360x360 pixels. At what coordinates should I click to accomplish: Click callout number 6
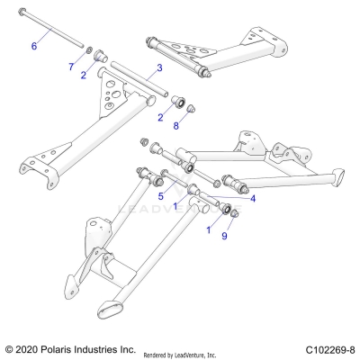35,44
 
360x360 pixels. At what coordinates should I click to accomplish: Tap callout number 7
72,67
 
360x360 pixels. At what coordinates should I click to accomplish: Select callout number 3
158,67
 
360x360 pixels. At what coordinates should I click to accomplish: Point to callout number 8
176,126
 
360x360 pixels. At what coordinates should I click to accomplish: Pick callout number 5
160,195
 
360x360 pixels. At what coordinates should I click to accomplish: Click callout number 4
253,198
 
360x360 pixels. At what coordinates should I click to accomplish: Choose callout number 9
224,237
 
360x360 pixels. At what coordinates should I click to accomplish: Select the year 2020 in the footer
31,348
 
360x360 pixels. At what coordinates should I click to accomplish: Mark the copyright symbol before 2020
10,348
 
